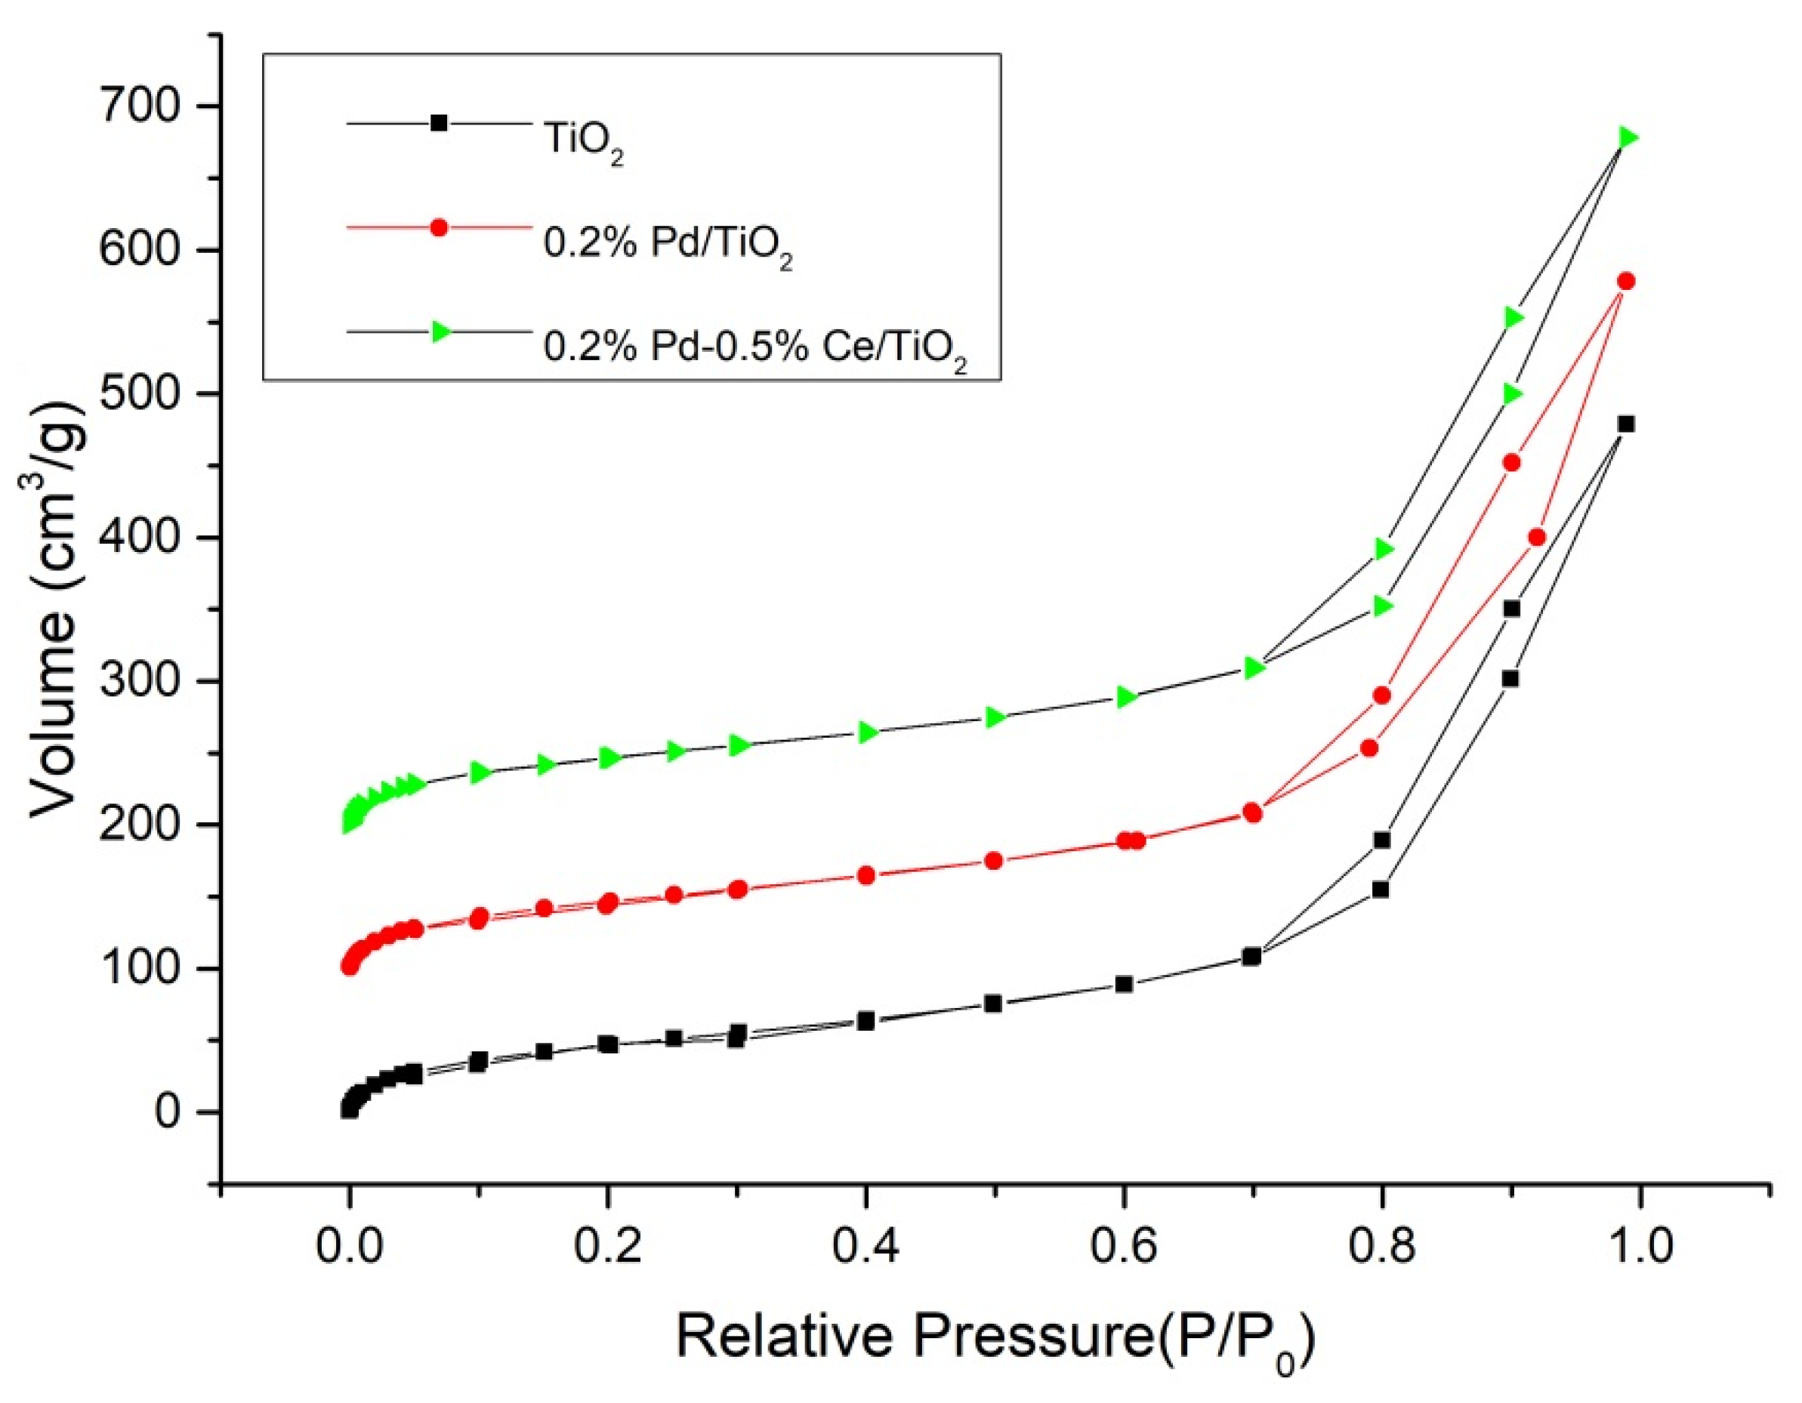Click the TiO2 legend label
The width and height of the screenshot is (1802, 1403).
click(x=582, y=141)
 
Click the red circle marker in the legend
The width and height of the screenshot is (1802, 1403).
click(x=439, y=227)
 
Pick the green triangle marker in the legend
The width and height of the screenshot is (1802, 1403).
click(x=440, y=331)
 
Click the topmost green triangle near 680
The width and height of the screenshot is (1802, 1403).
click(x=1627, y=137)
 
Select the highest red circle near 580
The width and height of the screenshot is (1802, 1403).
click(x=1626, y=281)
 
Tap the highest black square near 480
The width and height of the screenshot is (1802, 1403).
click(x=1626, y=424)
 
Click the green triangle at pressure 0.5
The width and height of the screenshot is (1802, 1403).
click(x=995, y=717)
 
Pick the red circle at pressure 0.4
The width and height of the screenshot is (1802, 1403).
click(x=866, y=875)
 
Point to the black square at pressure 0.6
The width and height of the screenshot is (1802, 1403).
click(x=1124, y=984)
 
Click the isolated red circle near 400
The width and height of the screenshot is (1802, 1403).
click(x=1536, y=537)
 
